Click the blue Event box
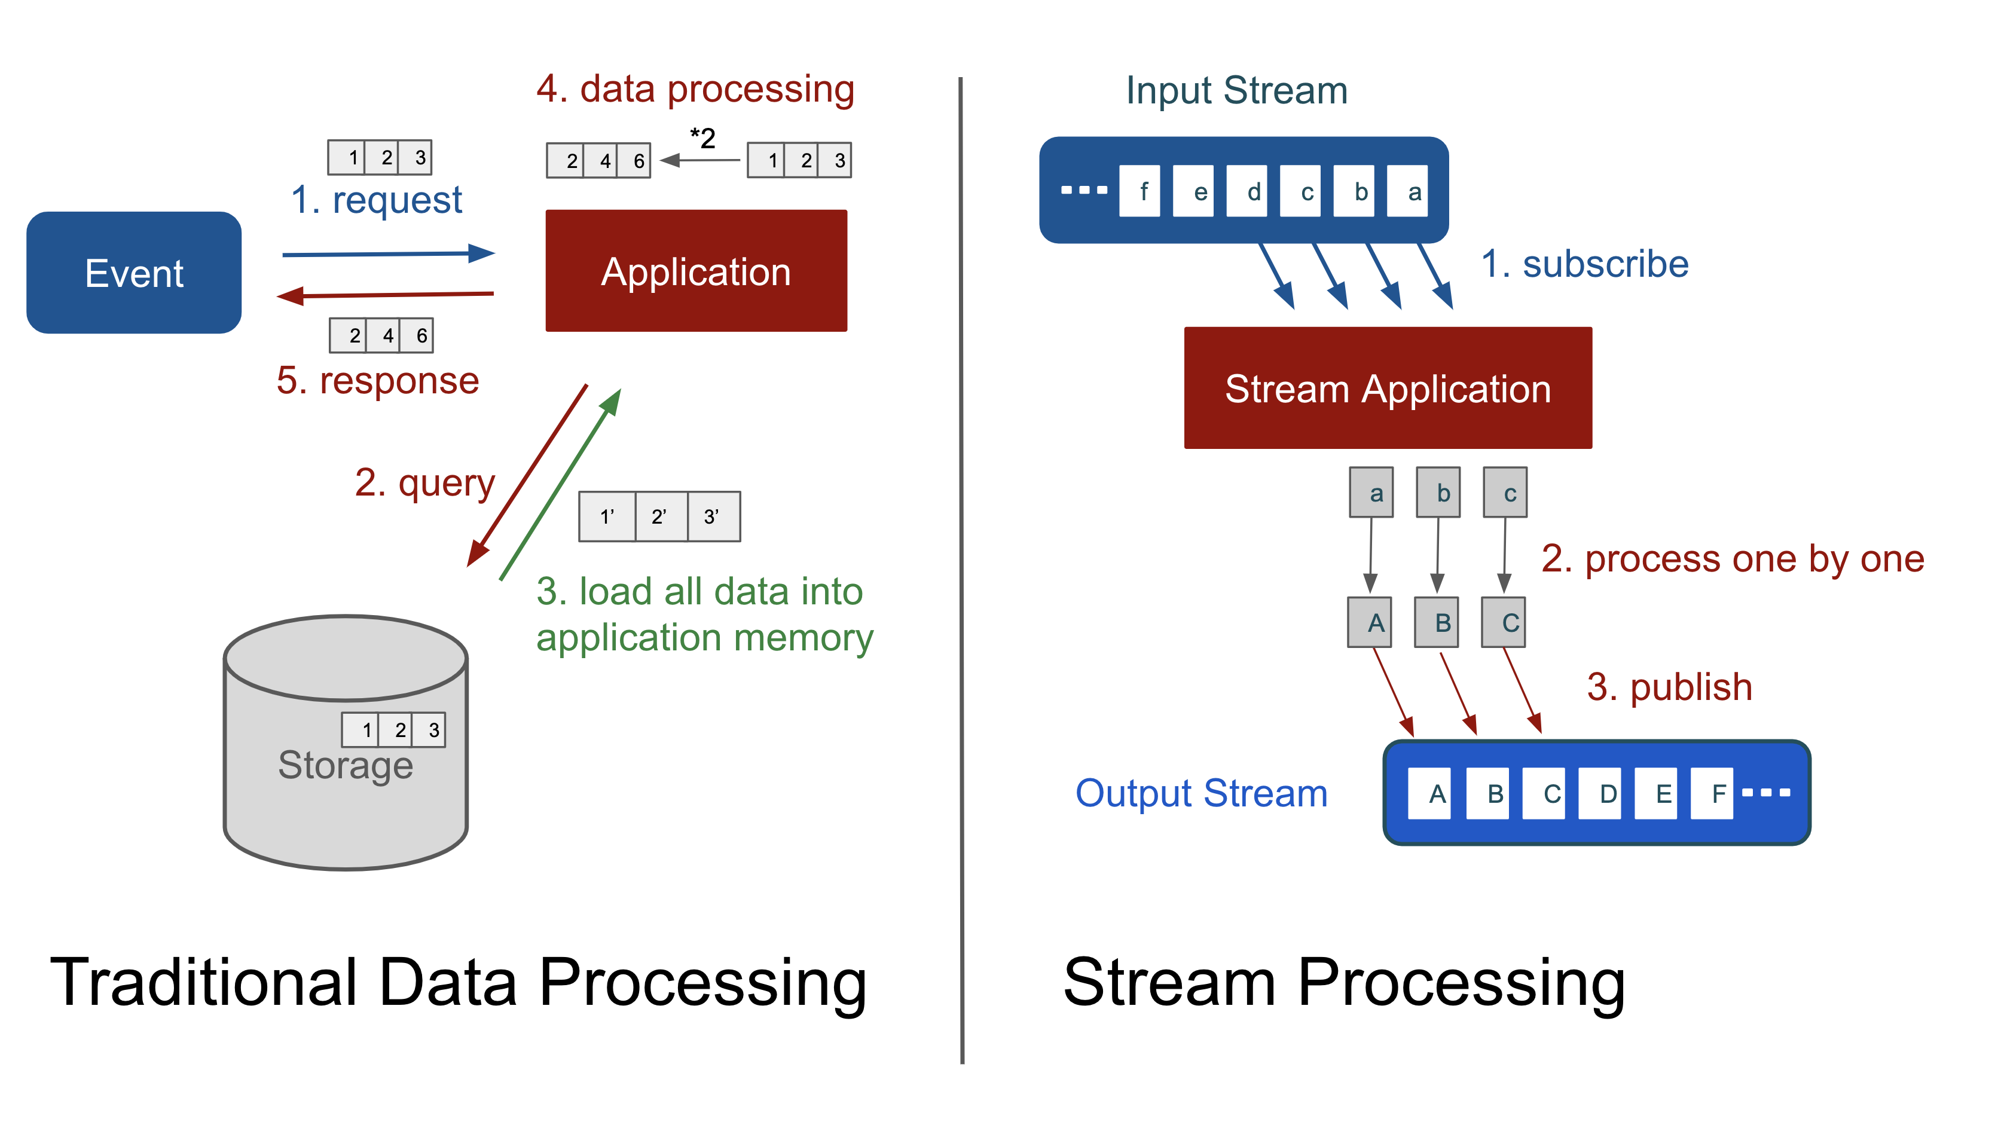[133, 273]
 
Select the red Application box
[696, 271]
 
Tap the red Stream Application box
[1387, 388]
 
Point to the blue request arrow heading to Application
[388, 253]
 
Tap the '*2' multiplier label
[702, 139]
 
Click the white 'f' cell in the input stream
[1139, 191]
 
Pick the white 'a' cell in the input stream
[1406, 191]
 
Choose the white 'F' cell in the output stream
[1712, 793]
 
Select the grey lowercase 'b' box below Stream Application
[1438, 493]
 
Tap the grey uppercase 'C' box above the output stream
[1503, 622]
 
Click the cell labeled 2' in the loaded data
[660, 516]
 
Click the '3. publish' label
[1669, 687]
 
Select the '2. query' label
[424, 483]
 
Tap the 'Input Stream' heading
[1236, 91]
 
